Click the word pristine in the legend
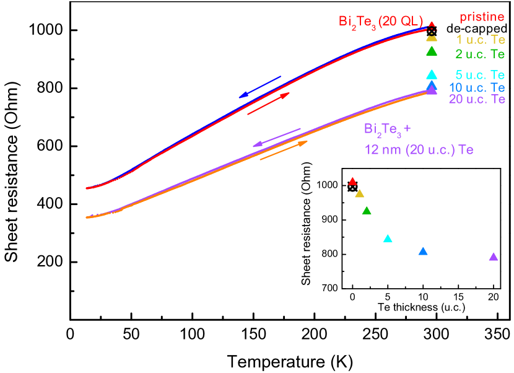[482, 17]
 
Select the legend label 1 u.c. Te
[481, 40]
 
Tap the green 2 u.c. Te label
[481, 54]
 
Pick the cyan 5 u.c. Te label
[481, 76]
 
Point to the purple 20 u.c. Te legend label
[477, 99]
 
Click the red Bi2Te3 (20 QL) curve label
[380, 22]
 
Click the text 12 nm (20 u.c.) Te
[419, 149]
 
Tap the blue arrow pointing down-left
[260, 87]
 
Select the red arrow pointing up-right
[268, 103]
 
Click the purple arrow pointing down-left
[276, 138]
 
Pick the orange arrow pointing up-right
[284, 151]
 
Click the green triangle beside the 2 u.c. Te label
[432, 51]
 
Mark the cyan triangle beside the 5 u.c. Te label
[432, 74]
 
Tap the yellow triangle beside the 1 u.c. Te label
[432, 38]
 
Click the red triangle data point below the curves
[352, 182]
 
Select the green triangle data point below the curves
[367, 211]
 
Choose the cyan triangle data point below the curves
[388, 239]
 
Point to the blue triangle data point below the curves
[423, 252]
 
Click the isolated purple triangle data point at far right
[494, 257]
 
